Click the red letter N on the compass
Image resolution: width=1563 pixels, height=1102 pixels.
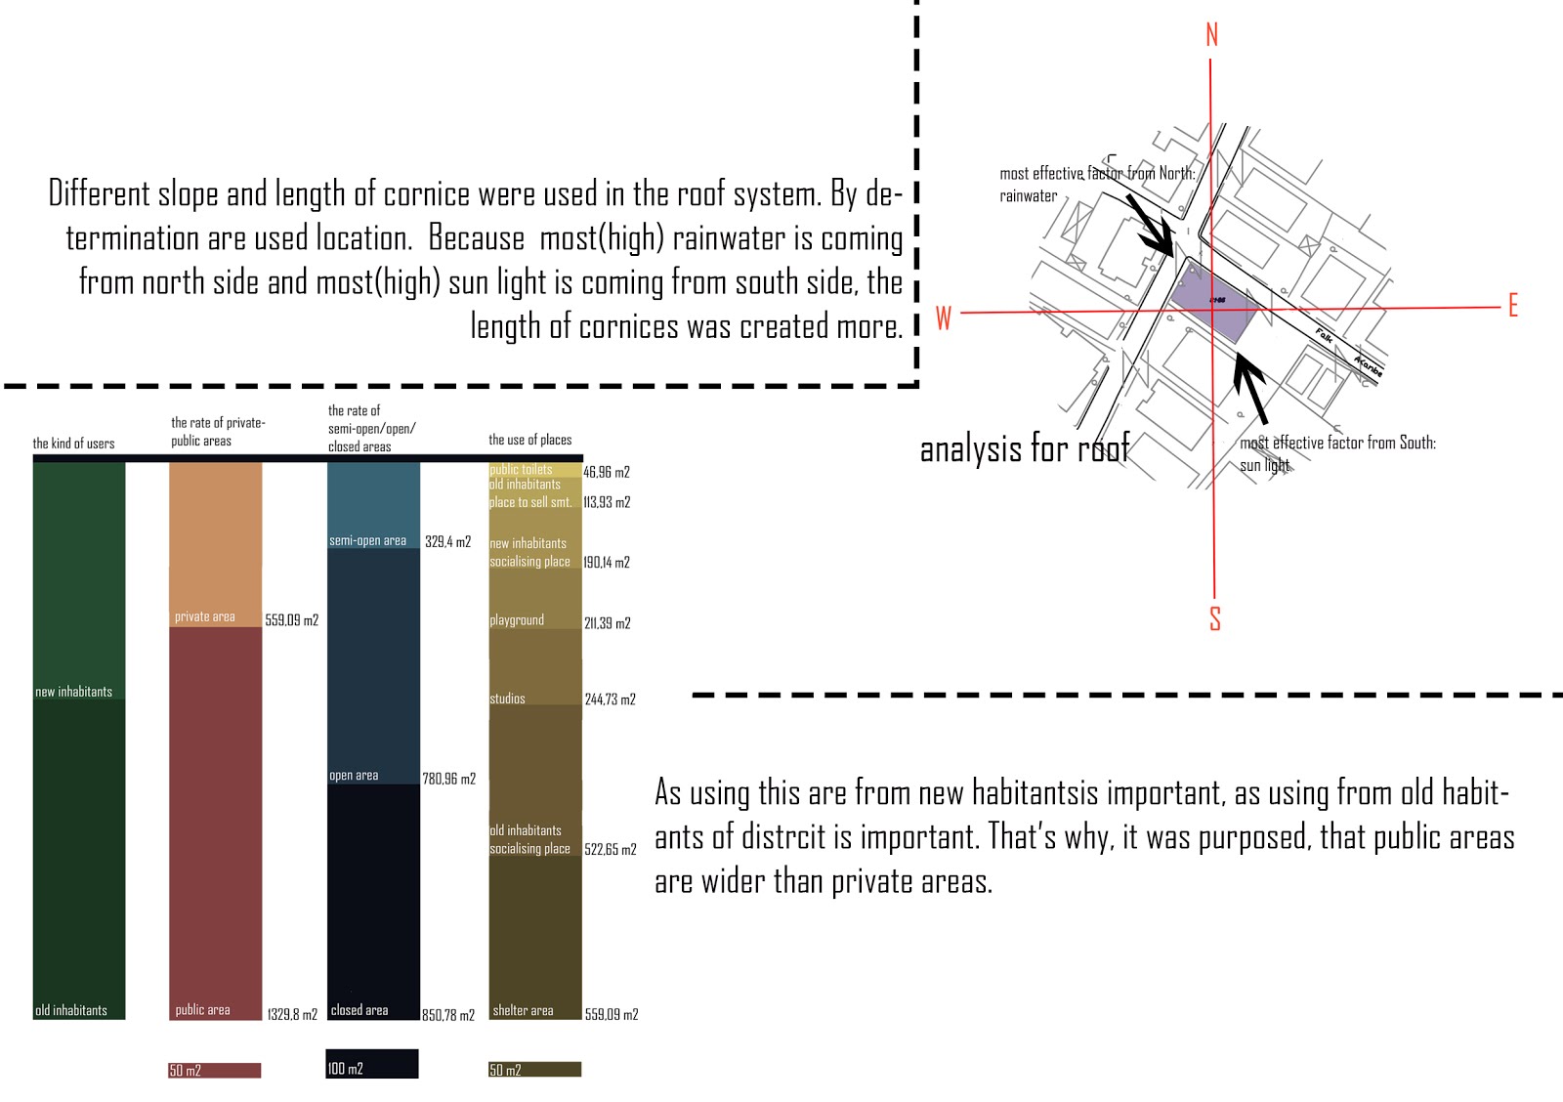[x=1211, y=35]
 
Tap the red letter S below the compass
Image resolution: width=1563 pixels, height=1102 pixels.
[x=1215, y=618]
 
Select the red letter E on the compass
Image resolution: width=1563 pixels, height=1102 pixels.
[x=1512, y=306]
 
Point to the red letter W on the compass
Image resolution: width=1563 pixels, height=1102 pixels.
[x=944, y=318]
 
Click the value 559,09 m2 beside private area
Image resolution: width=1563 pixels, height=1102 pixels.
[x=291, y=620]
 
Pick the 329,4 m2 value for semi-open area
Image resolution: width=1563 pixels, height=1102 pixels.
[x=447, y=541]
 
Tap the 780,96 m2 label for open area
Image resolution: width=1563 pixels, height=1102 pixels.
[x=448, y=779]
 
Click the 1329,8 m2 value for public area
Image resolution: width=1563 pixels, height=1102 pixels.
[x=292, y=1015]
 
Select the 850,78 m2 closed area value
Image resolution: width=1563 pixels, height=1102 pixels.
[x=448, y=1015]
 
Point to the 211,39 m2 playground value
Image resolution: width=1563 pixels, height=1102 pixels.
[x=607, y=623]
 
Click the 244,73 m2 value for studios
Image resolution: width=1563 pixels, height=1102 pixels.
[x=610, y=699]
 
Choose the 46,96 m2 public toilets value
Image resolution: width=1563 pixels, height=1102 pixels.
[x=606, y=472]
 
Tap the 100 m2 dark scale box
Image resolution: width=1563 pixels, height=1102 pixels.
[x=371, y=1065]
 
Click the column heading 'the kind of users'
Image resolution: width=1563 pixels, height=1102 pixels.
[x=73, y=444]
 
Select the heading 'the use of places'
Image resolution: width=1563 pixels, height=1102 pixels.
[x=529, y=440]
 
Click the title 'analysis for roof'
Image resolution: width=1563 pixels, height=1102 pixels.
[x=1025, y=448]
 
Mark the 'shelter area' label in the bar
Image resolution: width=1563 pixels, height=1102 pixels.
[x=523, y=1010]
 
